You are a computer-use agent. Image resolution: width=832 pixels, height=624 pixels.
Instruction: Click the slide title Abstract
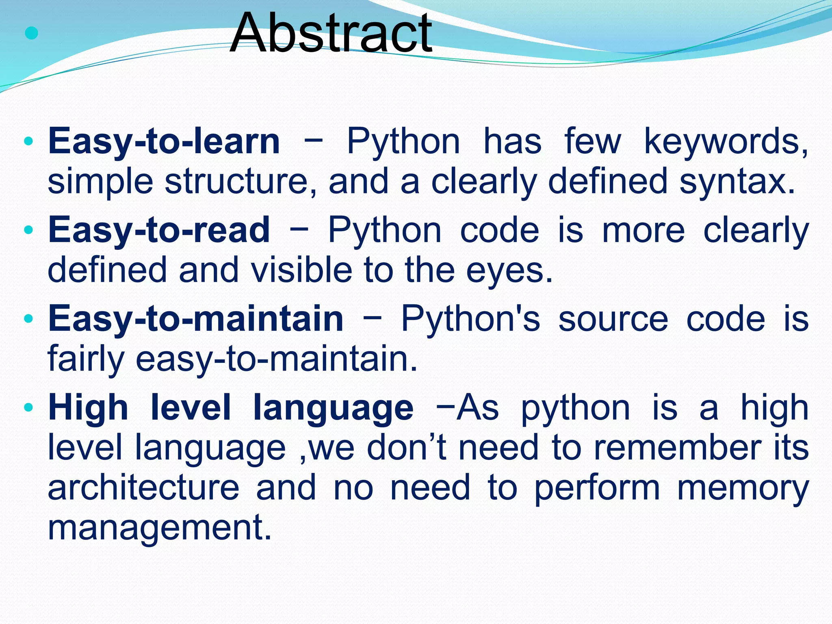331,33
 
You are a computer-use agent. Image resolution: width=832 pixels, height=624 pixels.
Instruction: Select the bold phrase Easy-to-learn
164,141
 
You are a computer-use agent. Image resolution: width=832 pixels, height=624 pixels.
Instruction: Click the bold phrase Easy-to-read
159,230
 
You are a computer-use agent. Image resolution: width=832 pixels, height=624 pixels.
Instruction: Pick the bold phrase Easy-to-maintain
196,319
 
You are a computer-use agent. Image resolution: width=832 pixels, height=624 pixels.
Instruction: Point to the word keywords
726,141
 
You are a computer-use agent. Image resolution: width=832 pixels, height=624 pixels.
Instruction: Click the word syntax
736,182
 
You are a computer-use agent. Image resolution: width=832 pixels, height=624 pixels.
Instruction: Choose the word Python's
470,319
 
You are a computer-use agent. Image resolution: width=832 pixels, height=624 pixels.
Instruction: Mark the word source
613,319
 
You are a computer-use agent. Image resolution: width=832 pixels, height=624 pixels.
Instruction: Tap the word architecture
143,487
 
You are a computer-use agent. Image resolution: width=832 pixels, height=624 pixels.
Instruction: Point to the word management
159,528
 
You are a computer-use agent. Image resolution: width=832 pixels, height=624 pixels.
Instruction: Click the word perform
596,487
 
